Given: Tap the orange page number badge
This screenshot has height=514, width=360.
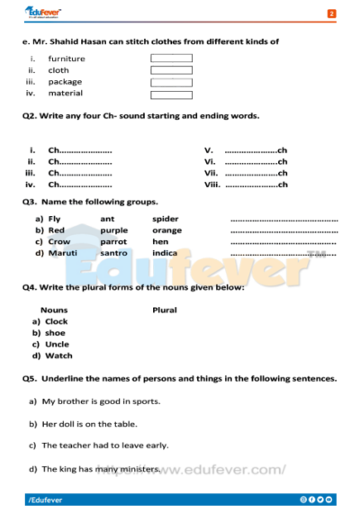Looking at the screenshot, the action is click(x=331, y=14).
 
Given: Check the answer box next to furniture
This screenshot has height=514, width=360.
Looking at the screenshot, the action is click(x=171, y=59).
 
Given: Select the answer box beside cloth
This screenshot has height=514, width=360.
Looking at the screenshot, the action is click(x=171, y=70).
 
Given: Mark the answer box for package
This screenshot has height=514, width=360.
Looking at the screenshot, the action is click(x=171, y=82).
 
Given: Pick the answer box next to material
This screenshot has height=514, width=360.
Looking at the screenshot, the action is click(x=171, y=94).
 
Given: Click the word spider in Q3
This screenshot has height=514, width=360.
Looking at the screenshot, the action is click(x=166, y=219).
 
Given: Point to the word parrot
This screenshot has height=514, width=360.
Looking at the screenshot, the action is click(x=113, y=242).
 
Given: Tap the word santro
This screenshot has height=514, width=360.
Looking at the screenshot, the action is click(x=113, y=254).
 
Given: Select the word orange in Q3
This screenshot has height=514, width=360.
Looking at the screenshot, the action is click(x=167, y=230).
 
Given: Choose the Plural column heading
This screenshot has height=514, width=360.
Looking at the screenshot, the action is click(x=165, y=310).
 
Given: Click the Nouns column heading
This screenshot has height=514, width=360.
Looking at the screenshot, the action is click(x=54, y=310).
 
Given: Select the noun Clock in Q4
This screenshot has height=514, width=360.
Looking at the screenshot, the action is click(x=56, y=321).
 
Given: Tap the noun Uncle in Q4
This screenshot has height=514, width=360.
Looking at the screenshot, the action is click(x=56, y=344).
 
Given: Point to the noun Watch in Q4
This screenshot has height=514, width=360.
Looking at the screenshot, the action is click(x=58, y=356).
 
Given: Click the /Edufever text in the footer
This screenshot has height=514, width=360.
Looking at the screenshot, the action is click(x=45, y=499).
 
